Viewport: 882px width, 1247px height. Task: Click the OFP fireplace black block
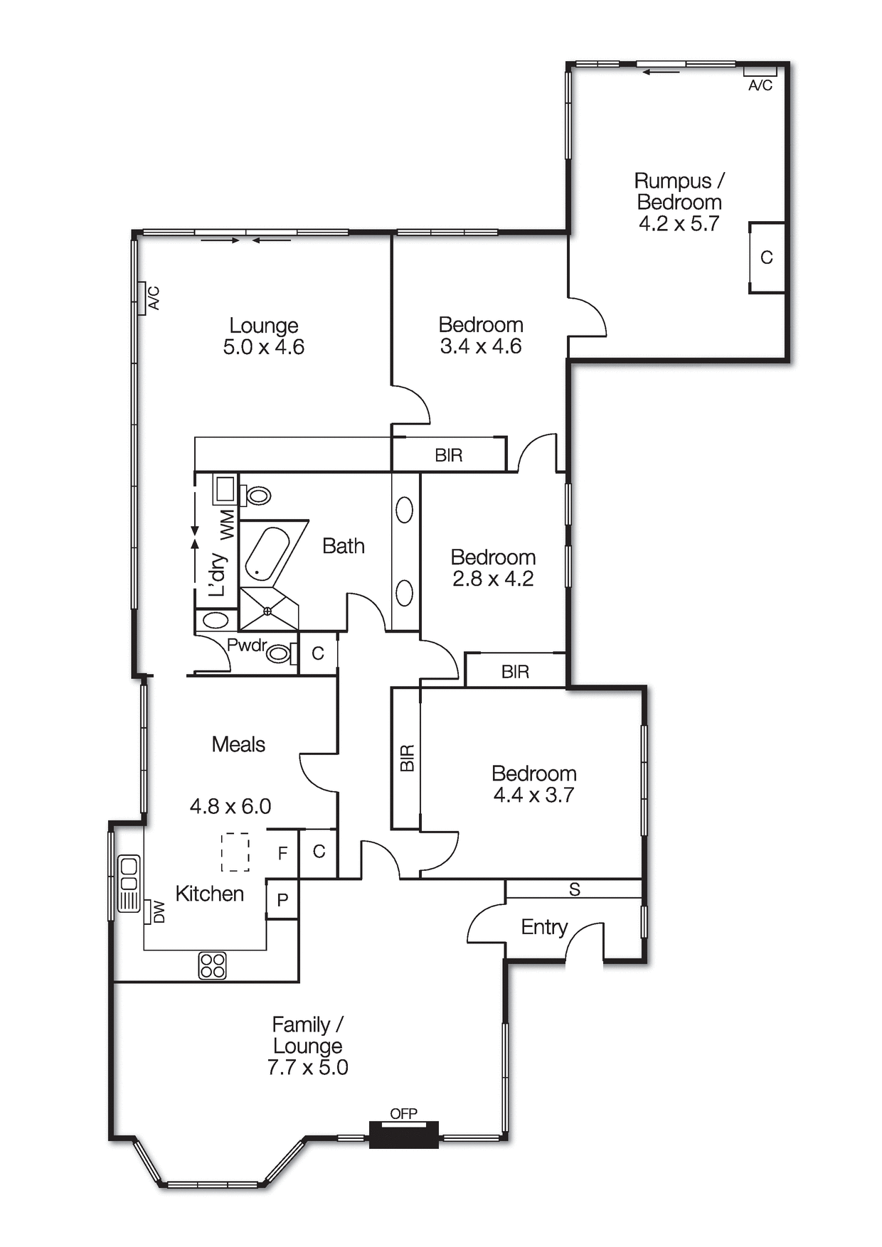pyautogui.click(x=403, y=1135)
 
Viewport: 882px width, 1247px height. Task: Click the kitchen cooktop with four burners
pyautogui.click(x=212, y=965)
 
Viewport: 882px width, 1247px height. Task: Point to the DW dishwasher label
pyautogui.click(x=159, y=911)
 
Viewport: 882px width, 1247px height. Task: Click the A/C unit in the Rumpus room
pyautogui.click(x=760, y=71)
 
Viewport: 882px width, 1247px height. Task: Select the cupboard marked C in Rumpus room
pyautogui.click(x=767, y=257)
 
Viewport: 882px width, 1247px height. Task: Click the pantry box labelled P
pyautogui.click(x=282, y=900)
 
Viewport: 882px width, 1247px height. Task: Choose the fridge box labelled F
pyautogui.click(x=282, y=852)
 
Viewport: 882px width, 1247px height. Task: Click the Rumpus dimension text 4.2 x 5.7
pyautogui.click(x=679, y=224)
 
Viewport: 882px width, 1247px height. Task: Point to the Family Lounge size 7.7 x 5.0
pyautogui.click(x=307, y=1067)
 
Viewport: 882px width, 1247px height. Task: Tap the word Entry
pyautogui.click(x=544, y=927)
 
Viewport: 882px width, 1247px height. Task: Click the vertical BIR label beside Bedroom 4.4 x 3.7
pyautogui.click(x=407, y=758)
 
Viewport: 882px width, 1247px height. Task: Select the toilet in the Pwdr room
pyautogui.click(x=280, y=653)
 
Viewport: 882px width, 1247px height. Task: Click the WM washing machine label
pyautogui.click(x=226, y=524)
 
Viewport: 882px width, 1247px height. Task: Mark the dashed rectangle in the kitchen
pyautogui.click(x=235, y=852)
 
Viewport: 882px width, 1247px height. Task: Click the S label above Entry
pyautogui.click(x=575, y=889)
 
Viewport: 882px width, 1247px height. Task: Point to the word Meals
pyautogui.click(x=238, y=744)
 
